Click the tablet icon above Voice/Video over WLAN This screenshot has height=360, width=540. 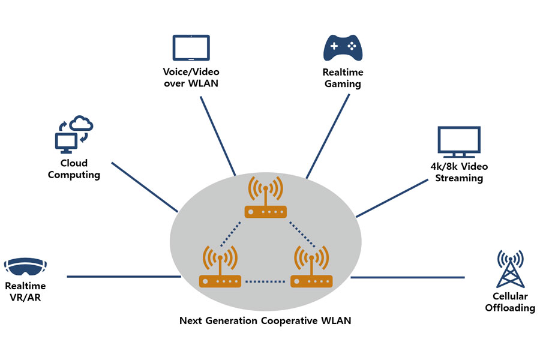tap(191, 47)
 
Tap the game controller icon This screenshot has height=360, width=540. tap(343, 48)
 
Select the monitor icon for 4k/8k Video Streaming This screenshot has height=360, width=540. tap(459, 142)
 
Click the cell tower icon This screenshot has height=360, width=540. tap(509, 269)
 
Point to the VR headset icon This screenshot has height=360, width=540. tap(25, 266)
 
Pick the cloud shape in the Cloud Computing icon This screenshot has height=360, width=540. tap(82, 124)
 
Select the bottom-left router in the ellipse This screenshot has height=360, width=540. tap(220, 268)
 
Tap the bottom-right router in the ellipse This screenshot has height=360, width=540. tap(311, 268)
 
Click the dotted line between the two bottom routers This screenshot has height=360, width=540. tap(265, 281)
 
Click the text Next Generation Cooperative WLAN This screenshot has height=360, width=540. tap(265, 320)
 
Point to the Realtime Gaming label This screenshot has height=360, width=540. tap(343, 78)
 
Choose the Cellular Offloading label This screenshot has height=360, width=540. tap(509, 302)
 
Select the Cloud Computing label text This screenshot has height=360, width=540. tap(74, 169)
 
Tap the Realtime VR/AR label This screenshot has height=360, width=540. tap(25, 292)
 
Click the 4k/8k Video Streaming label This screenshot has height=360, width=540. tap(459, 172)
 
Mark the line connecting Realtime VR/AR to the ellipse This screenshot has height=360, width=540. tap(123, 277)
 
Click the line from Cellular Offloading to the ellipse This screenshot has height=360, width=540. tap(408, 277)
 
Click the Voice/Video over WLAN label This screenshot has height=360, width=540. tap(191, 78)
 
